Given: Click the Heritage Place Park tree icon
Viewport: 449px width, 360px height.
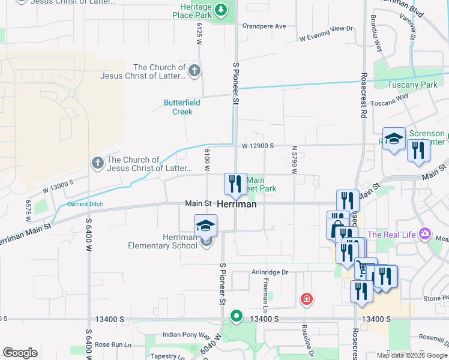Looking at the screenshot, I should click(x=220, y=9).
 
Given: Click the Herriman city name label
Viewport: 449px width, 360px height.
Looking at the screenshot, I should click(x=237, y=204).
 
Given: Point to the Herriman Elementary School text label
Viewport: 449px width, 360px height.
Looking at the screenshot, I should click(x=162, y=241).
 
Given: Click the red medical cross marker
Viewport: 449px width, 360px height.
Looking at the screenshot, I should click(x=306, y=298).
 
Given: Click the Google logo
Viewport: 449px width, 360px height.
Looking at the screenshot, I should click(x=20, y=353).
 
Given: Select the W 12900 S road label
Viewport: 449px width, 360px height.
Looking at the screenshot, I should click(x=258, y=146).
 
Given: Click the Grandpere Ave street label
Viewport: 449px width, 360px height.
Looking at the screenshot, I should click(x=264, y=26).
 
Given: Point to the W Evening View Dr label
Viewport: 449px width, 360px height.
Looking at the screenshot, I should click(x=326, y=33).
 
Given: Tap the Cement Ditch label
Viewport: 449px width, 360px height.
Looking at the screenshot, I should click(x=85, y=204).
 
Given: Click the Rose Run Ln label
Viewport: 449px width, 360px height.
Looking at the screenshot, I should click(x=112, y=344).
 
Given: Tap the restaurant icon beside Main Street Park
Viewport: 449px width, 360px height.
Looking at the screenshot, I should click(x=234, y=183).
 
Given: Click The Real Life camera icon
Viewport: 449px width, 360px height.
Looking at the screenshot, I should click(x=426, y=233).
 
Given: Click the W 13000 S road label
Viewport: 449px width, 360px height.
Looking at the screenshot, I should click(x=58, y=186).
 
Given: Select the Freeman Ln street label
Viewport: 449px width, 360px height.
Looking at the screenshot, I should click(x=265, y=293).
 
